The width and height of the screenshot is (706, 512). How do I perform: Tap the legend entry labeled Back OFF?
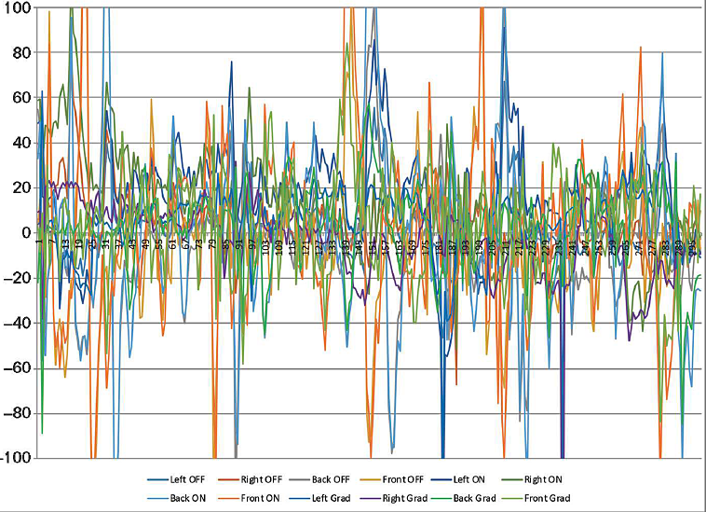pyautogui.click(x=337, y=478)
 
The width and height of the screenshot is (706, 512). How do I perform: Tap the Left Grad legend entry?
pyautogui.click(x=333, y=499)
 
